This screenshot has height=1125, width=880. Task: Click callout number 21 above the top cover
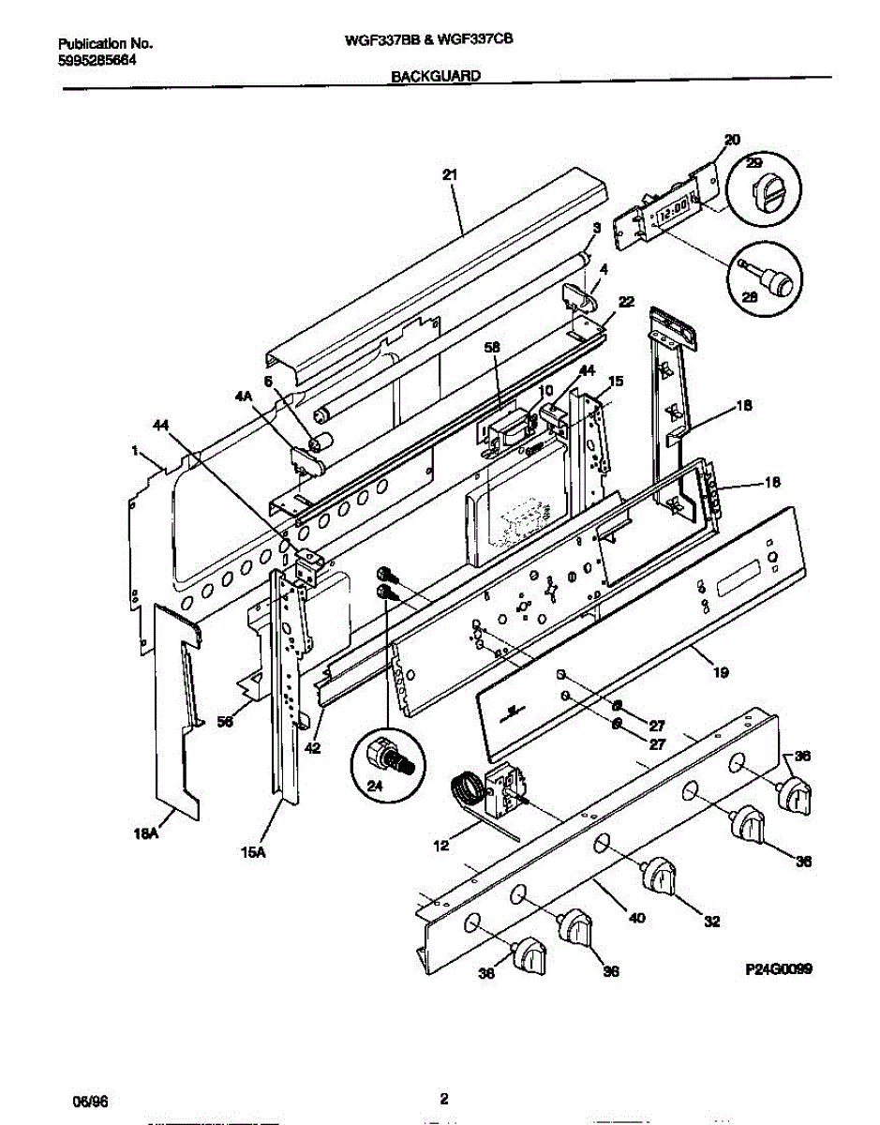point(450,173)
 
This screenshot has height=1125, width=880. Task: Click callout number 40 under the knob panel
point(636,919)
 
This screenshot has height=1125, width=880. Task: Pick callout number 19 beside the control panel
point(721,671)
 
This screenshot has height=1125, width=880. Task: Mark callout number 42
point(311,747)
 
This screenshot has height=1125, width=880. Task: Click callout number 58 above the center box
point(493,347)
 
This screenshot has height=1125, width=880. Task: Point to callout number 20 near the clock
point(732,140)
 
